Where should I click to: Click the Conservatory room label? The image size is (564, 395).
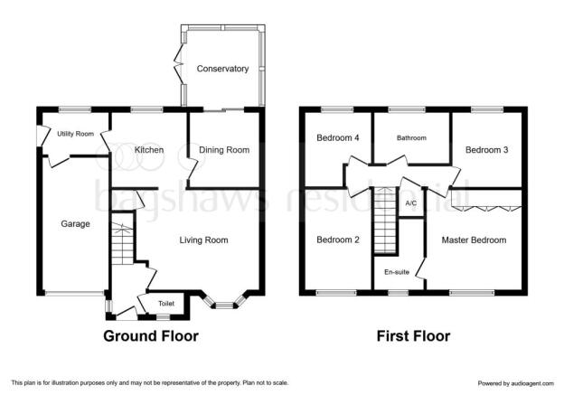[222, 69]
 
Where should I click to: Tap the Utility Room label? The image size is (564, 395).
[76, 134]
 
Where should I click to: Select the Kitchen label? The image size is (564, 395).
[149, 150]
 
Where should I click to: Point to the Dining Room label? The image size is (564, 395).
[224, 150]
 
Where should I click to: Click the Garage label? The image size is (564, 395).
[75, 224]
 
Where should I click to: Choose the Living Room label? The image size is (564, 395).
[203, 240]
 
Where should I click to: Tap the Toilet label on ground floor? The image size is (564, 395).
[166, 304]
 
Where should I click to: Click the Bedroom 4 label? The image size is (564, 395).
[338, 137]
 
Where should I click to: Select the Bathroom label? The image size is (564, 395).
[411, 137]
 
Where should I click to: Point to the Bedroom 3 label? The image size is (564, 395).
[486, 150]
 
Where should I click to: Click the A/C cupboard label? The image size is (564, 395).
[411, 203]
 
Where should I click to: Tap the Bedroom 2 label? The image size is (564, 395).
[338, 240]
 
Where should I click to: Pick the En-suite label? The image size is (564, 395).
[397, 272]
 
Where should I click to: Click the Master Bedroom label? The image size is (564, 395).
[474, 240]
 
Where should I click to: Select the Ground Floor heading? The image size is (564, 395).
[151, 336]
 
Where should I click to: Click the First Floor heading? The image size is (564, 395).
[413, 336]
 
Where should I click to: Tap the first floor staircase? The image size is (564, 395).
[385, 221]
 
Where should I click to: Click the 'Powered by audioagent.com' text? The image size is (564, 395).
[516, 383]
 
